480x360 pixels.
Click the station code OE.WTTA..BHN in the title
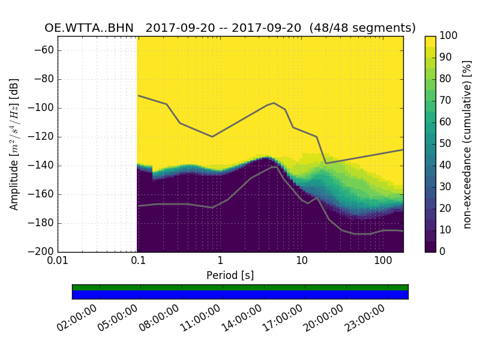(89, 28)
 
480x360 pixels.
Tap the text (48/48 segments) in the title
(367, 28)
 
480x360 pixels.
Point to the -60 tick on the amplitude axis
(46, 50)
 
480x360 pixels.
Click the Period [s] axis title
(230, 275)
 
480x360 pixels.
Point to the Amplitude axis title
(14, 144)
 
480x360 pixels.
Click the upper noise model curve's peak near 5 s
(274, 103)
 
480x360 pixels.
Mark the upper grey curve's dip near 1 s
(212, 137)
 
